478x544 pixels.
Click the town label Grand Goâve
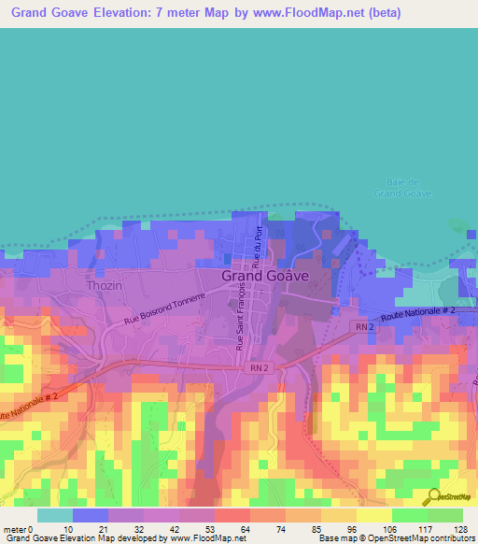coord(265,277)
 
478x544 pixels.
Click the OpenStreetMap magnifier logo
coord(431,497)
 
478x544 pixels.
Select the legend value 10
coord(68,528)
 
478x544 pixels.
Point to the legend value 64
coord(245,528)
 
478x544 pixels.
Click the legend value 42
coord(174,528)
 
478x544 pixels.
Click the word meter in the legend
coord(15,528)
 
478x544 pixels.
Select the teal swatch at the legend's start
coord(54,515)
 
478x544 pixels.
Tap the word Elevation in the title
coord(148,12)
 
